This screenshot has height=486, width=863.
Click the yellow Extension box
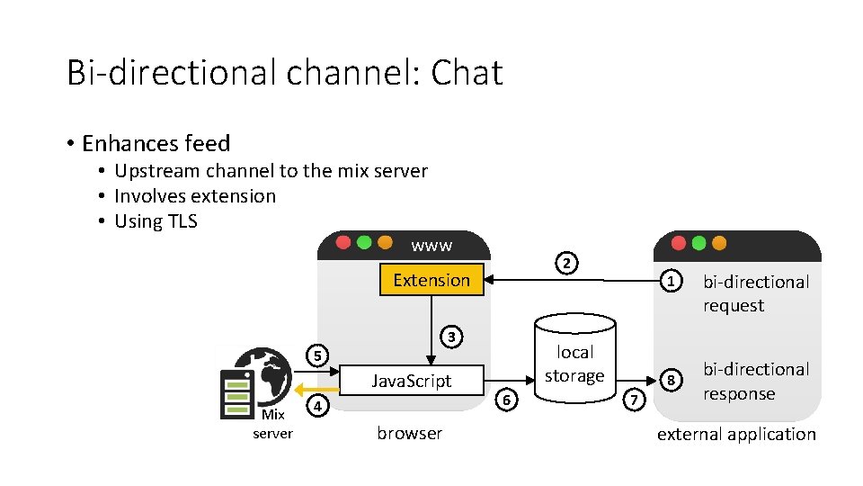pyautogui.click(x=431, y=280)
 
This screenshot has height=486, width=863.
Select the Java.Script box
pyautogui.click(x=412, y=381)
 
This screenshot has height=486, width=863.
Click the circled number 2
pyautogui.click(x=565, y=264)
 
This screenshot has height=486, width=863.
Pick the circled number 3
pyautogui.click(x=454, y=337)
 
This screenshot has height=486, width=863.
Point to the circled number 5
pyautogui.click(x=316, y=355)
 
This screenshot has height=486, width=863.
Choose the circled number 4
pyautogui.click(x=316, y=406)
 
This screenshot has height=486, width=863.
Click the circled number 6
pyautogui.click(x=508, y=400)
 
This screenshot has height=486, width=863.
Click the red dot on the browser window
pyautogui.click(x=343, y=243)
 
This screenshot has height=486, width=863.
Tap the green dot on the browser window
pyautogui.click(x=363, y=243)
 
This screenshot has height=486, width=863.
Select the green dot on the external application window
pyautogui.click(x=699, y=243)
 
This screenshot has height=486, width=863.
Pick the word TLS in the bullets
pyautogui.click(x=182, y=221)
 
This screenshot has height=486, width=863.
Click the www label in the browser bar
pyautogui.click(x=431, y=245)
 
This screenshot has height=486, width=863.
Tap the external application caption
pyautogui.click(x=736, y=434)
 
